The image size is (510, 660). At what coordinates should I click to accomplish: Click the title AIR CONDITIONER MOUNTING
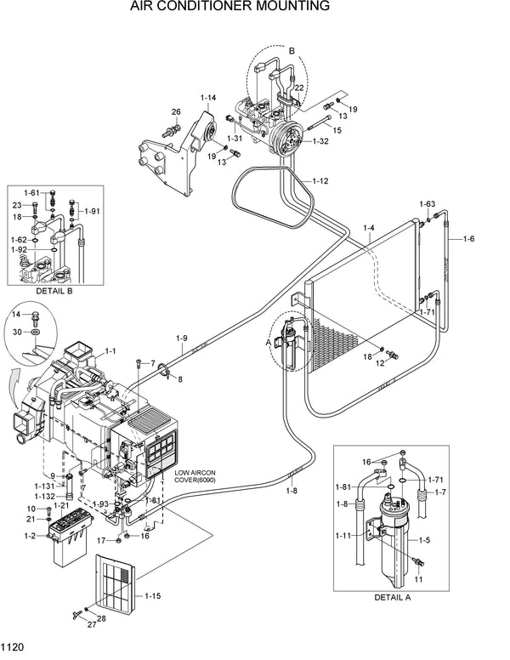tap(255, 8)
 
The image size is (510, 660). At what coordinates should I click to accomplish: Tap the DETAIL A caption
tap(394, 596)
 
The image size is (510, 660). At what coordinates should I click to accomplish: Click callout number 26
tap(176, 112)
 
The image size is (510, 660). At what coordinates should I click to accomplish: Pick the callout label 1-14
tap(208, 98)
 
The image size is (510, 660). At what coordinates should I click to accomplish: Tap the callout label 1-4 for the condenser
tap(369, 227)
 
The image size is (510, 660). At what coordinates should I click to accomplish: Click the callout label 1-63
tap(427, 204)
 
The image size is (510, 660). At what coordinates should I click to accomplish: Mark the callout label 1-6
tap(468, 238)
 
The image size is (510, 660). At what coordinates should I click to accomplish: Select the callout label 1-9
tap(181, 339)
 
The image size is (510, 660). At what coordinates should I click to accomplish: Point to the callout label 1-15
tap(152, 595)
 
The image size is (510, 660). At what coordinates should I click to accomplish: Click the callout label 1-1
tap(110, 350)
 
